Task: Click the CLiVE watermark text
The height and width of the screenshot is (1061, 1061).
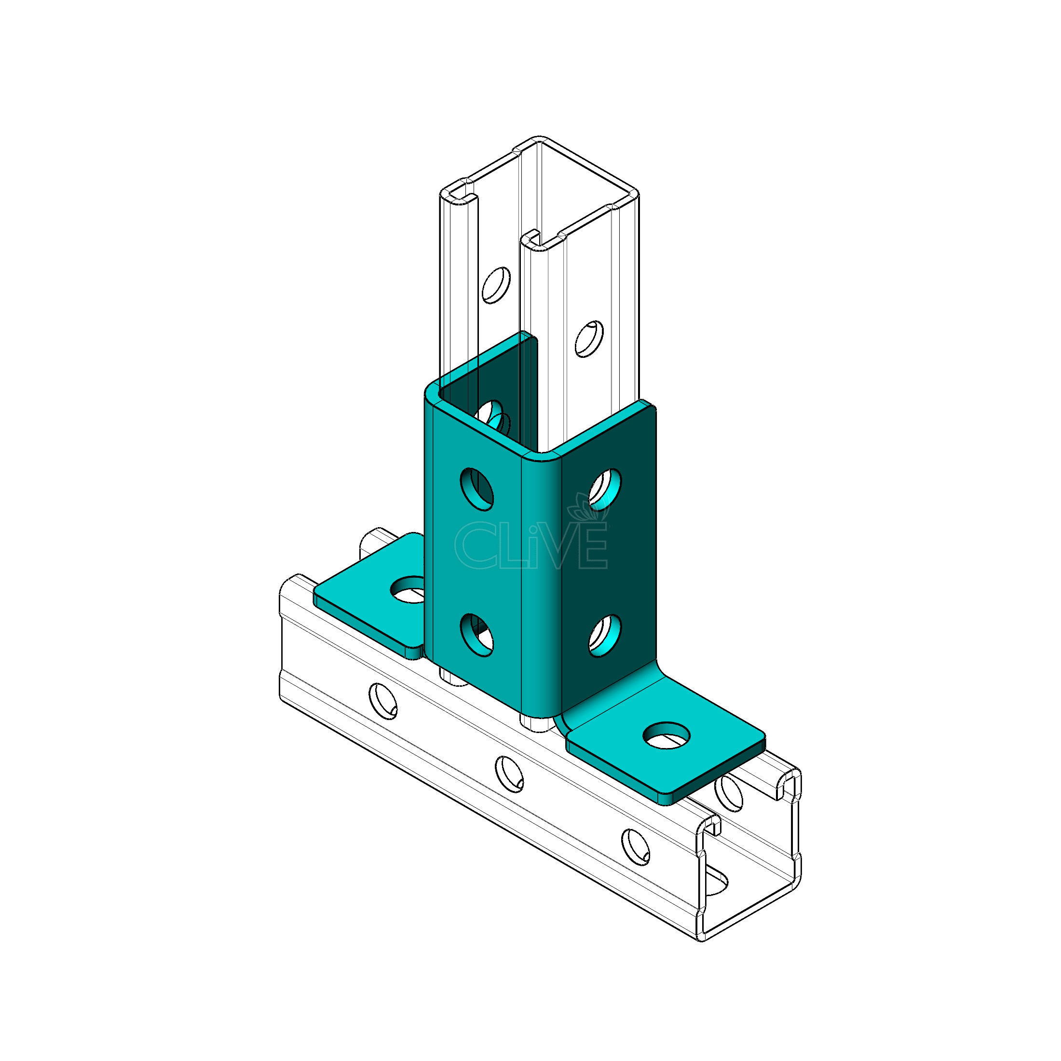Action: [x=530, y=545]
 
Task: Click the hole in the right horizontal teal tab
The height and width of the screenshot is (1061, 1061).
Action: [x=667, y=735]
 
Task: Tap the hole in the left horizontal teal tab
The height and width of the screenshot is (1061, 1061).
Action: [x=408, y=589]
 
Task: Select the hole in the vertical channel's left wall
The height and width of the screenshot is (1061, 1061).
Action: [x=496, y=285]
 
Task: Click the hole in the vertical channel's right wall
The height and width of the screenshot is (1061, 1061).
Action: [x=589, y=339]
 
